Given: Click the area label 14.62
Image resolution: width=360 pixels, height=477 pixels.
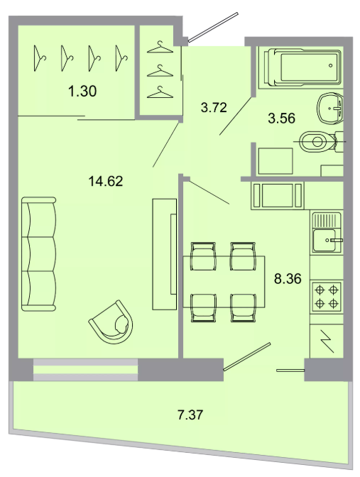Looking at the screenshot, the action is pos(106,181).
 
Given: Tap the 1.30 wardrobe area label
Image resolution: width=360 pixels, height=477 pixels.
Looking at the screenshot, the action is pos(82,91).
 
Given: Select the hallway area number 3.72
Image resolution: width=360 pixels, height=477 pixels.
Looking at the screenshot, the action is pos(214,107).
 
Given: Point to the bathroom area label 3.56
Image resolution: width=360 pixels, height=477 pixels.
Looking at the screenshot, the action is pos(281,118).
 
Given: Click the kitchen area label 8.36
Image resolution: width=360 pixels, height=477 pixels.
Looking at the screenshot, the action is pos(288,278).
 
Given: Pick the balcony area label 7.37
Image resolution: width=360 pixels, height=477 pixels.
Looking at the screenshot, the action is pos(190,415).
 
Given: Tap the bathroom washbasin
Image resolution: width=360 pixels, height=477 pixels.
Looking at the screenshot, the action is pos(330,108).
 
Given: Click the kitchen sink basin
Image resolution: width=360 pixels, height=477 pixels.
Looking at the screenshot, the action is pos(324,240).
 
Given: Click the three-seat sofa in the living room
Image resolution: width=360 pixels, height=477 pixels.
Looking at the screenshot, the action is pos(39,254).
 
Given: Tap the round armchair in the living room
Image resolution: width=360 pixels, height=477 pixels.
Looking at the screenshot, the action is pos(111,322).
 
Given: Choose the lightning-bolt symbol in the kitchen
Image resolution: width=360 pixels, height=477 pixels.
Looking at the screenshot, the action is pos(327,341).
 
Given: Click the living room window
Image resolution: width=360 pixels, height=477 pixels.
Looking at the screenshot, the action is pos(85,370).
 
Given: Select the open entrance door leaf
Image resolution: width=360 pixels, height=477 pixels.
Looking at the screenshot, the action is pos(213,27).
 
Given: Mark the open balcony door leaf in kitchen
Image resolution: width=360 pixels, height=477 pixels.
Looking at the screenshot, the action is pos(247,357).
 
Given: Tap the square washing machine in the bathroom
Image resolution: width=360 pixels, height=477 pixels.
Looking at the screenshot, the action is pos(276,161).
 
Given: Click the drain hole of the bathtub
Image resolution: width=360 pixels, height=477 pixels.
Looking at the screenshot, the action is pos(331,65).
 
